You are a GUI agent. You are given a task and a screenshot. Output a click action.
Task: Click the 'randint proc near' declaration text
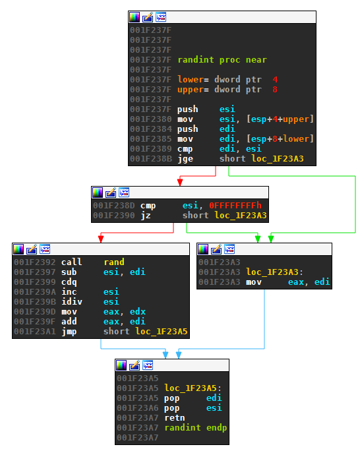(222, 60)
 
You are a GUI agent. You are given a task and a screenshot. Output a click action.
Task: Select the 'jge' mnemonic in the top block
(185, 159)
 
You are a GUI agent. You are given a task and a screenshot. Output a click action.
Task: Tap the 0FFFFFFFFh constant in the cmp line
(235, 205)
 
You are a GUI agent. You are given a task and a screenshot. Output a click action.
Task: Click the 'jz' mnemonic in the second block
(146, 216)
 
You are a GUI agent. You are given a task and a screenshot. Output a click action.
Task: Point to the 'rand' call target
(114, 262)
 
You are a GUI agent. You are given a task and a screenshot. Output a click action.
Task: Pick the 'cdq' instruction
(69, 282)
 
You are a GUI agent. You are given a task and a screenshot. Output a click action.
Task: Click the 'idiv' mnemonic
(72, 302)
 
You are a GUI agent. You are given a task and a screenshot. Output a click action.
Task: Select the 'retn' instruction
(175, 417)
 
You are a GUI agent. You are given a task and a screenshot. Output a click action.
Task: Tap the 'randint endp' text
(196, 428)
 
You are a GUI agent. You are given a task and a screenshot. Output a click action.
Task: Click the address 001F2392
(34, 262)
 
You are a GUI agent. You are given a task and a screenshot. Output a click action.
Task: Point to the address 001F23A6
(137, 408)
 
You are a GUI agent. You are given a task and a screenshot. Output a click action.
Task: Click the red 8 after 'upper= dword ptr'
(275, 90)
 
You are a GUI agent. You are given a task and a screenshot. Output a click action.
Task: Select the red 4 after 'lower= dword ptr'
(275, 79)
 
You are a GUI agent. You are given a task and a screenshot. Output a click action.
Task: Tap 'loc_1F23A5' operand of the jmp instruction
(162, 332)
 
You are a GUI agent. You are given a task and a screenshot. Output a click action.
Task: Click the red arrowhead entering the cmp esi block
(180, 183)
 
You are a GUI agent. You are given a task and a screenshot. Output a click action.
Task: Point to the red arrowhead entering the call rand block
(101, 239)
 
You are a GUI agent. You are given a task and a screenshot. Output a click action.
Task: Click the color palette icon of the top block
(135, 17)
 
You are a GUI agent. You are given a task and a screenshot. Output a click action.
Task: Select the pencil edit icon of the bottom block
(135, 365)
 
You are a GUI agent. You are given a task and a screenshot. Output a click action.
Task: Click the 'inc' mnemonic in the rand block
(69, 291)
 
